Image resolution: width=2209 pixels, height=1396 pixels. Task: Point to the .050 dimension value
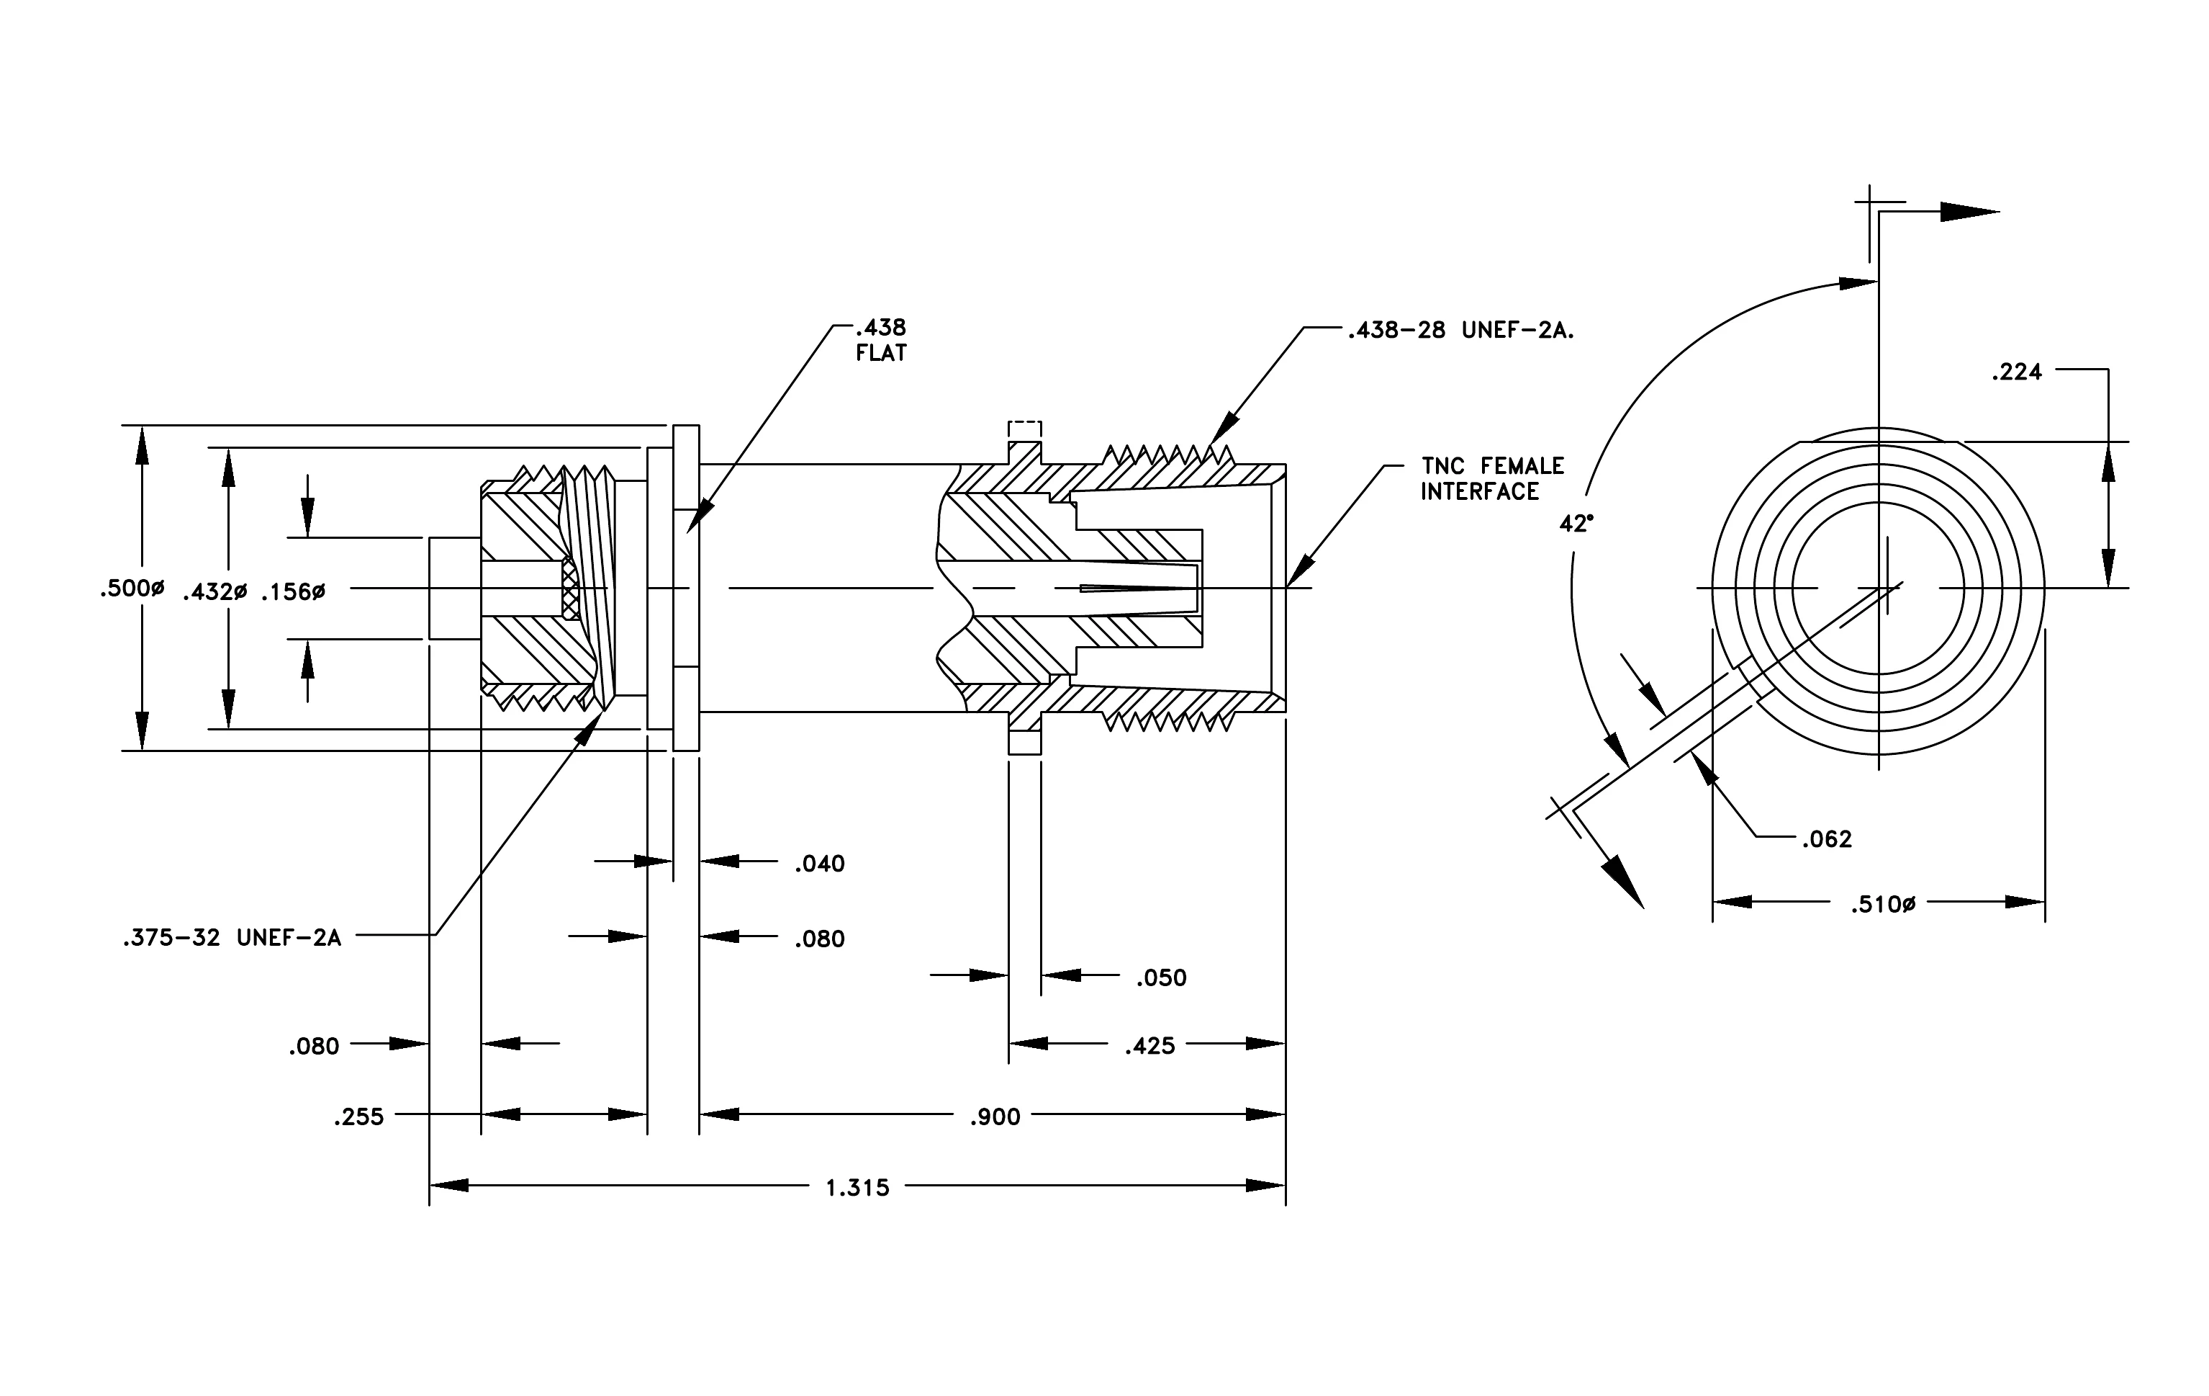point(1162,978)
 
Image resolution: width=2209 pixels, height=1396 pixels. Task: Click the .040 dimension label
point(819,864)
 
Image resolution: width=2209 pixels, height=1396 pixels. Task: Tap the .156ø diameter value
point(293,592)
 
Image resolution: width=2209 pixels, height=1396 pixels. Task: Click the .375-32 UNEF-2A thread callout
point(232,938)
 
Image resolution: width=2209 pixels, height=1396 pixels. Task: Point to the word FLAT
point(881,354)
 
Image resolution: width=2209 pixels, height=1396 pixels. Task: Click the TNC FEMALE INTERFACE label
point(1493,479)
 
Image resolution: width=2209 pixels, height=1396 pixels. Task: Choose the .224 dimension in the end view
point(2016,372)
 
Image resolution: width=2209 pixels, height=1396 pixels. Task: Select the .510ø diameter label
point(1884,905)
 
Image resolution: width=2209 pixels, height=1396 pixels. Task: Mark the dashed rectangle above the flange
point(1025,431)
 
